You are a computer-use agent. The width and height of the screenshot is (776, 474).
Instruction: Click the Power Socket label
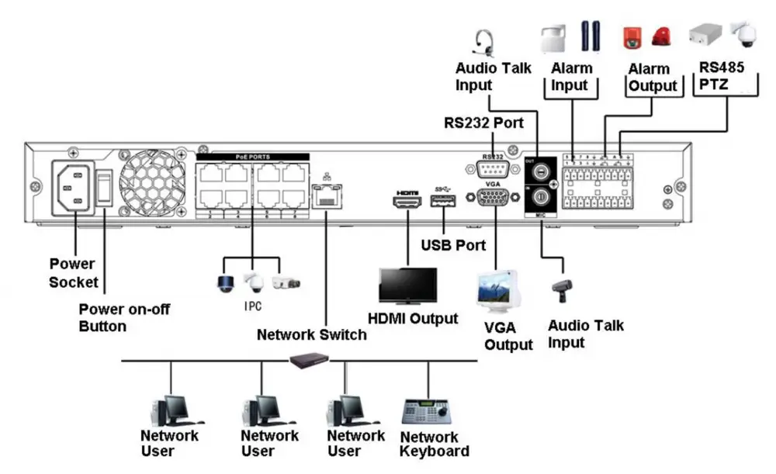click(x=74, y=272)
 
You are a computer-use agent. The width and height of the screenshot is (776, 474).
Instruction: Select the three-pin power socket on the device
click(x=74, y=188)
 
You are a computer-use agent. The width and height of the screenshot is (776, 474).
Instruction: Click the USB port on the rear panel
click(x=442, y=202)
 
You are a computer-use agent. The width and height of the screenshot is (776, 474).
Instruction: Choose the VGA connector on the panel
click(x=492, y=198)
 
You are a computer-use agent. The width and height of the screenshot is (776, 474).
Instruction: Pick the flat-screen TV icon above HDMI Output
click(x=407, y=287)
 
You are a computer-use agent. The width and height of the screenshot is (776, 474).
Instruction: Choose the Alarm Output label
click(x=653, y=77)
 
